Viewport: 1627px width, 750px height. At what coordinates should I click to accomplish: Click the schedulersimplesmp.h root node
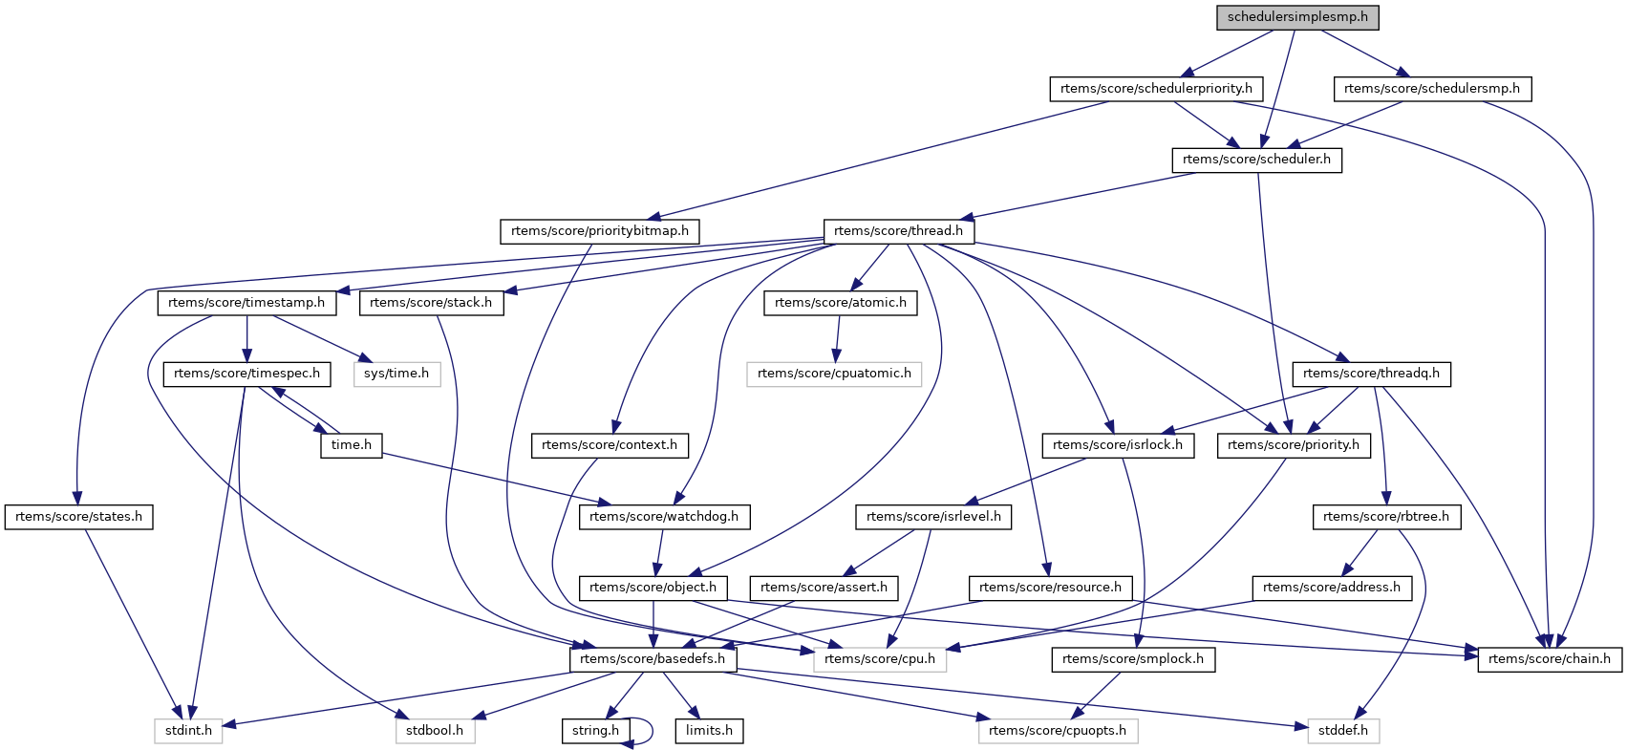tap(1297, 16)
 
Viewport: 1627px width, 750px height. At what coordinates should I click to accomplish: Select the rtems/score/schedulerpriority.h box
tap(1156, 89)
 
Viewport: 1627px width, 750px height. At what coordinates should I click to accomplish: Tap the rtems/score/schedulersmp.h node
tap(1431, 89)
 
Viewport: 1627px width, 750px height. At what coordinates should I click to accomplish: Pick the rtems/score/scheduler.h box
tap(1256, 160)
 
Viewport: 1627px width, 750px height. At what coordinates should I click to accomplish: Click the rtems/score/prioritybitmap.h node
tap(599, 231)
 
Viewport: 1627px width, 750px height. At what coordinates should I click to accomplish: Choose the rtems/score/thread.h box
tap(898, 231)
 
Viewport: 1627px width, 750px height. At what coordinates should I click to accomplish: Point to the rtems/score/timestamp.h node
tap(246, 303)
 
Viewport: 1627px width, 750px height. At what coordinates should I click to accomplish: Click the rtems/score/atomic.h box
tap(840, 303)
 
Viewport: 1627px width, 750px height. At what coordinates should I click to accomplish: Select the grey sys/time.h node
tap(396, 374)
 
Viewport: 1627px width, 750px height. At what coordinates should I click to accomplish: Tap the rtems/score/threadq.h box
tap(1371, 374)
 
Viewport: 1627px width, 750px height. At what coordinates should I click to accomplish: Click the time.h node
tap(352, 445)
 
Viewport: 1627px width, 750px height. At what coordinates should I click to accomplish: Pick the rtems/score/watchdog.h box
tap(664, 517)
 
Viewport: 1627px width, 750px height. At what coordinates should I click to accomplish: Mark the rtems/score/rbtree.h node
tap(1385, 517)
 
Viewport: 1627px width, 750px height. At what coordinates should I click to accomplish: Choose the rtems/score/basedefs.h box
tap(653, 659)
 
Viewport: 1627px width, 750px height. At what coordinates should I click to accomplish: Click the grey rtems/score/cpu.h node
tap(880, 659)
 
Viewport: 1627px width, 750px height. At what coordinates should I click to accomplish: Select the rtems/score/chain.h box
tap(1549, 659)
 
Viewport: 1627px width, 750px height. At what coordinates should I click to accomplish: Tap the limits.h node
tap(709, 731)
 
